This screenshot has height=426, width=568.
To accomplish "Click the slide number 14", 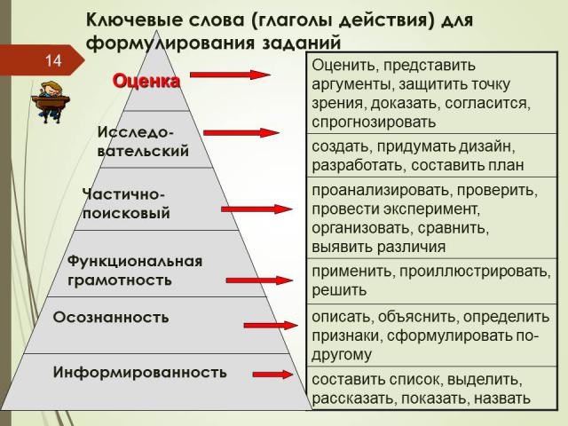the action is coord(53,60).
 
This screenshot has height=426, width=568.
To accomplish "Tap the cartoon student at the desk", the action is coord(51,102).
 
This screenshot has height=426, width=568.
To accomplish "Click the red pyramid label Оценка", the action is coord(146,81).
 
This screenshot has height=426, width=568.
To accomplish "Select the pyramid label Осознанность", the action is coord(111,318).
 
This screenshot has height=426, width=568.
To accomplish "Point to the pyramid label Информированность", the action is coord(140,373).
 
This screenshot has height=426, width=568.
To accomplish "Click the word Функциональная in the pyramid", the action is coord(135,261).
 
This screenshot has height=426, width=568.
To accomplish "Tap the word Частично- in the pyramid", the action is coord(124,194).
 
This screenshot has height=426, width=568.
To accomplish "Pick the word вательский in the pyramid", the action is coord(143,151).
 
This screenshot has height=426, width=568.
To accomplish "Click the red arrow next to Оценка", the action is coord(231,75).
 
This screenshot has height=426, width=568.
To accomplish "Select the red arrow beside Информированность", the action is coord(272,375).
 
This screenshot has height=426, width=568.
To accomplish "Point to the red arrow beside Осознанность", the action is coord(271,326).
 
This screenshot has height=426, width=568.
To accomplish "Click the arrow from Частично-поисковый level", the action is coord(256,209).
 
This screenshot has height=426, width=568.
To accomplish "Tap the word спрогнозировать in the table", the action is coord(374,122).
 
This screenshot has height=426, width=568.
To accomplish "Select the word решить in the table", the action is coord(339,290).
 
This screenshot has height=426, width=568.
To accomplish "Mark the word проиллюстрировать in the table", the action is coord(475,272).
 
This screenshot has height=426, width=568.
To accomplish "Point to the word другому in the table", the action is coord(342,354).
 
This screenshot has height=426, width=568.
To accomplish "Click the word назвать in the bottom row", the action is coord(502,398).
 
